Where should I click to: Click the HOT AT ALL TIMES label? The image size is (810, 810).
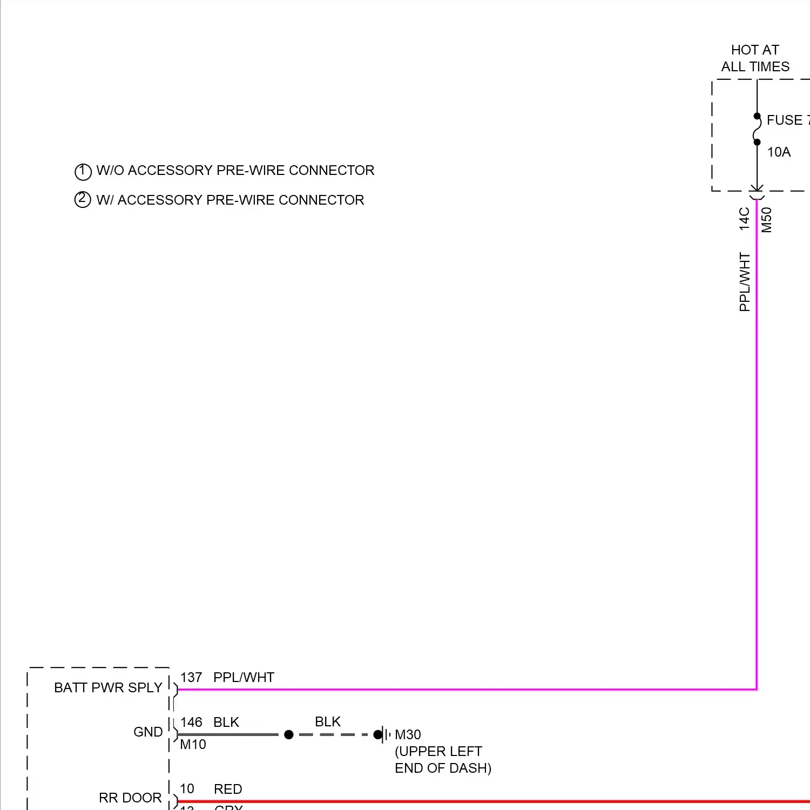(755, 58)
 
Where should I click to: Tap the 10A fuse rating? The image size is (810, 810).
(779, 152)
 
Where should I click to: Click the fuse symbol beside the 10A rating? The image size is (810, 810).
(757, 129)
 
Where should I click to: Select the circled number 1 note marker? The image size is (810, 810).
(83, 172)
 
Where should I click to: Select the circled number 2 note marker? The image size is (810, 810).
(83, 200)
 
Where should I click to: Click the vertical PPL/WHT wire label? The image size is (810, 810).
(745, 282)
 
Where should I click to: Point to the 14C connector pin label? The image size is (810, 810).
(745, 219)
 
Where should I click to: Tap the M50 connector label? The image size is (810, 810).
(767, 220)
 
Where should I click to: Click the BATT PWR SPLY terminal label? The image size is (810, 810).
(108, 687)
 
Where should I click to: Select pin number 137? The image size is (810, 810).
(191, 678)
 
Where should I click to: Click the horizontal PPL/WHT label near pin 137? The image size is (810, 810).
(244, 678)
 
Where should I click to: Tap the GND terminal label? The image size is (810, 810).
(148, 732)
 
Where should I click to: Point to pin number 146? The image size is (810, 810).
(191, 723)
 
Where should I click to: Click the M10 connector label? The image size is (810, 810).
(193, 745)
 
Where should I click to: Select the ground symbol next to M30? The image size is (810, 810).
(384, 734)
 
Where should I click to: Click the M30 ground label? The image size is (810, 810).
(408, 735)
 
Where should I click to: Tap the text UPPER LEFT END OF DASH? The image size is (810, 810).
(443, 760)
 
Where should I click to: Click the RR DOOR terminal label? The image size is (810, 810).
(130, 798)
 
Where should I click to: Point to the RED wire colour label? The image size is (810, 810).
(228, 789)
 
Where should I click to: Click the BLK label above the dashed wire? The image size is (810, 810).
(328, 722)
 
